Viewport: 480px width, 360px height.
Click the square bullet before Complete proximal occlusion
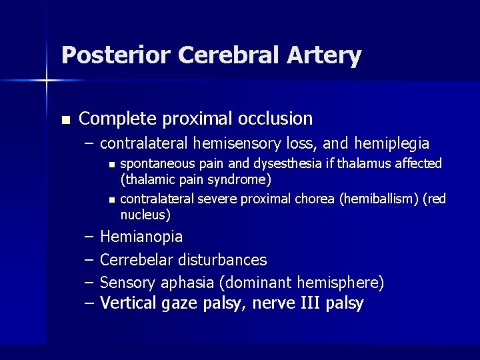pos(65,120)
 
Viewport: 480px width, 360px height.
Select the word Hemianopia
pos(141,237)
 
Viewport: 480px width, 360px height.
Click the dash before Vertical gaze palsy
pos(90,304)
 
